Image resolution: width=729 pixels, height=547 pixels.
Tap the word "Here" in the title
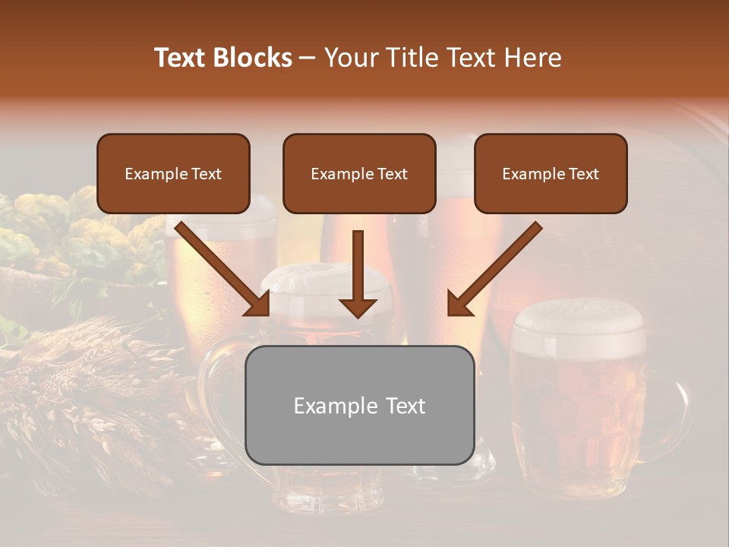pyautogui.click(x=532, y=58)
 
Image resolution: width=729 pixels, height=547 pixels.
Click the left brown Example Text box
pyautogui.click(x=173, y=173)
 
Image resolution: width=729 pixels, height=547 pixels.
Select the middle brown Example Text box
pyautogui.click(x=359, y=173)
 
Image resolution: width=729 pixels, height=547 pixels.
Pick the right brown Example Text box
pyautogui.click(x=551, y=173)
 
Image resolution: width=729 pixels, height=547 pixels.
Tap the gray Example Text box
pyautogui.click(x=359, y=405)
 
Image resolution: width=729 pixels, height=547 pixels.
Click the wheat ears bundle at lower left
pyautogui.click(x=91, y=380)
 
